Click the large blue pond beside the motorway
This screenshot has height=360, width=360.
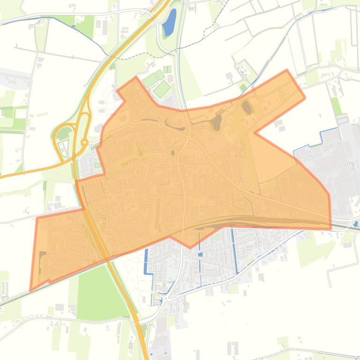point(169,23)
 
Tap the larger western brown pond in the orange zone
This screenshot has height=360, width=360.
point(216,123)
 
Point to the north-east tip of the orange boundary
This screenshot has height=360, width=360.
point(287,71)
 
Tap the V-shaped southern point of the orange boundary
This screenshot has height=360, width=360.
point(190,247)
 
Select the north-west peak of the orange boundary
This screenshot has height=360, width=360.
point(136,78)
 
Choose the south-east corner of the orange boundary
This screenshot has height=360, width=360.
point(331,229)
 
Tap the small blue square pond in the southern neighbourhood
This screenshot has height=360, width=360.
point(200,255)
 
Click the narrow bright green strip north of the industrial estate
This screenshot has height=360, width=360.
point(336,105)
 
